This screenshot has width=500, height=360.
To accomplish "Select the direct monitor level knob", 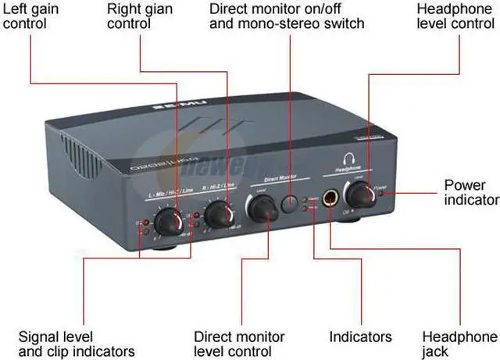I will coord(263,206).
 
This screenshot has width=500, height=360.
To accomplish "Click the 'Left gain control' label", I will coord(35,16).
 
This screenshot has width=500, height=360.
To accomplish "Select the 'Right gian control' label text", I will coord(140,16).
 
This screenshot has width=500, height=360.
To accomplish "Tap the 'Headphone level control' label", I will coord(449,16).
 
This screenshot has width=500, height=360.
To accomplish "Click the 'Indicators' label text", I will coord(360,337).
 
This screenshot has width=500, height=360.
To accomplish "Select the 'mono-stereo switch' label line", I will coord(287,23).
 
